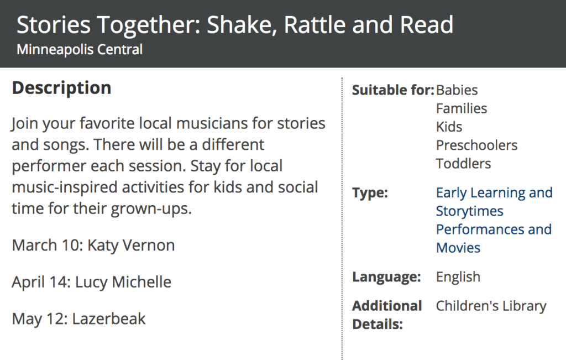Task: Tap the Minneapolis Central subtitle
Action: [x=80, y=50]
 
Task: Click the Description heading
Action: [x=62, y=88]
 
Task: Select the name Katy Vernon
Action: [x=131, y=246]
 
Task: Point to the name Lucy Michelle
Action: [x=123, y=282]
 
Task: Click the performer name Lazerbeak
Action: [x=109, y=319]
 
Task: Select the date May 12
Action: [x=38, y=319]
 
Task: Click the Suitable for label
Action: [x=393, y=90]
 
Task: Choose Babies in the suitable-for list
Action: [x=457, y=90]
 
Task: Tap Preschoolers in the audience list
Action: [x=476, y=145]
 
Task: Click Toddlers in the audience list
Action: [x=463, y=164]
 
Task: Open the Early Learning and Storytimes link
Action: [x=494, y=202]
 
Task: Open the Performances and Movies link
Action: [x=494, y=239]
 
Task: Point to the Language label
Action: [x=386, y=277]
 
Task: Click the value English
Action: [x=458, y=277]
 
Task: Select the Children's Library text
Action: [x=491, y=306]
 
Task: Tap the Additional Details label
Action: [x=387, y=315]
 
